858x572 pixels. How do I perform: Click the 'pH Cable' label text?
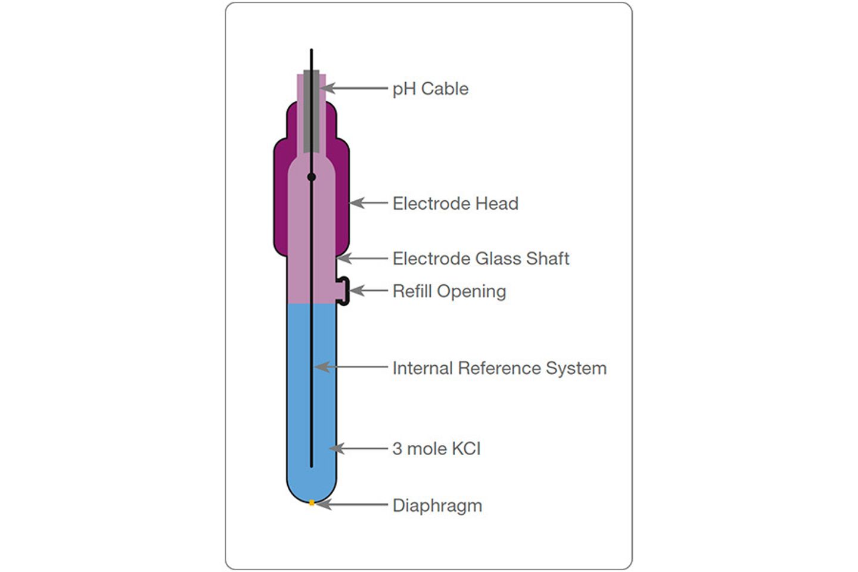[431, 89]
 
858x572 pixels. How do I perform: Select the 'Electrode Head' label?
[455, 203]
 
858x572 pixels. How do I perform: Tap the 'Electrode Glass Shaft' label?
[481, 259]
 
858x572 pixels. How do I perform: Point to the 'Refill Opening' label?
[449, 291]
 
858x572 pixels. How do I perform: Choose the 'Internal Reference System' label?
[500, 368]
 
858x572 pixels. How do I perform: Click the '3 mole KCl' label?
[437, 449]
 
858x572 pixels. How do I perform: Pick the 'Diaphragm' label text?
[437, 506]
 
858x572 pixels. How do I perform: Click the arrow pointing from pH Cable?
[354, 88]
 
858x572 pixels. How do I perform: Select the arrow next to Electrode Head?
[369, 203]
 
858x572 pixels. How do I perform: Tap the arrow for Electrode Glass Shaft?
[362, 258]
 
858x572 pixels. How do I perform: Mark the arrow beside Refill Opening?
[368, 290]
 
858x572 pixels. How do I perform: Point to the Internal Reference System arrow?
[352, 366]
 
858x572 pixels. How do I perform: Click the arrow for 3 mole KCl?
[359, 448]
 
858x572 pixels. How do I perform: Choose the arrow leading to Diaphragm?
[352, 505]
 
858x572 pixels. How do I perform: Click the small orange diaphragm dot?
[312, 503]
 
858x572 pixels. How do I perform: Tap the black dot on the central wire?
[312, 177]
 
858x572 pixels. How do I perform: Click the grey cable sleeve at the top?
[312, 111]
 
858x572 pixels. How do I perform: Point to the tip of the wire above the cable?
[312, 49]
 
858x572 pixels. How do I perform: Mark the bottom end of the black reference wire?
[312, 467]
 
